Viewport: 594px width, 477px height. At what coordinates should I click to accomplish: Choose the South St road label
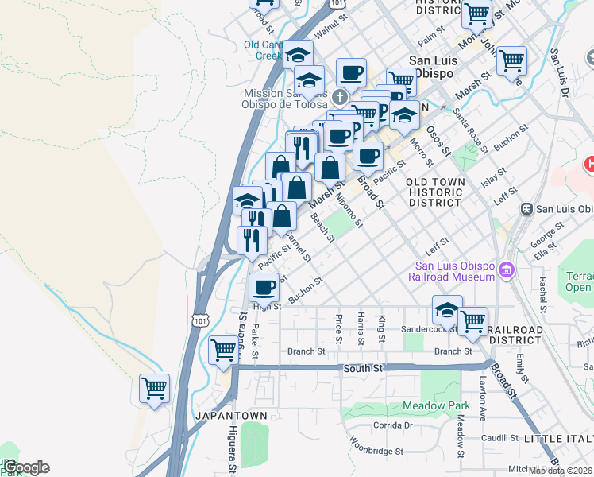[x=364, y=369]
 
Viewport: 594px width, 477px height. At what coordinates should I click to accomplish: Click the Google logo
[x=25, y=467]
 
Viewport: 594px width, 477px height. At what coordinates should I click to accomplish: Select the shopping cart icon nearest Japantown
[x=154, y=389]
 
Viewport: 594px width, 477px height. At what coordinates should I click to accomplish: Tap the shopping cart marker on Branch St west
[x=223, y=351]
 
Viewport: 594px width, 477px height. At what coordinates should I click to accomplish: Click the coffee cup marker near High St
[x=264, y=287]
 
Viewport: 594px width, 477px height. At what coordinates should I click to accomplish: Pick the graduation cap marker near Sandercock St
[x=447, y=309]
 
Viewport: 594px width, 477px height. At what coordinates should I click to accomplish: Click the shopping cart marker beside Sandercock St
[x=473, y=321]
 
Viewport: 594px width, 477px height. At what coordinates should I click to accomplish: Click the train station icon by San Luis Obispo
[x=526, y=209]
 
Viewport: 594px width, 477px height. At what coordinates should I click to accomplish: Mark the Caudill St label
[x=499, y=438]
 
